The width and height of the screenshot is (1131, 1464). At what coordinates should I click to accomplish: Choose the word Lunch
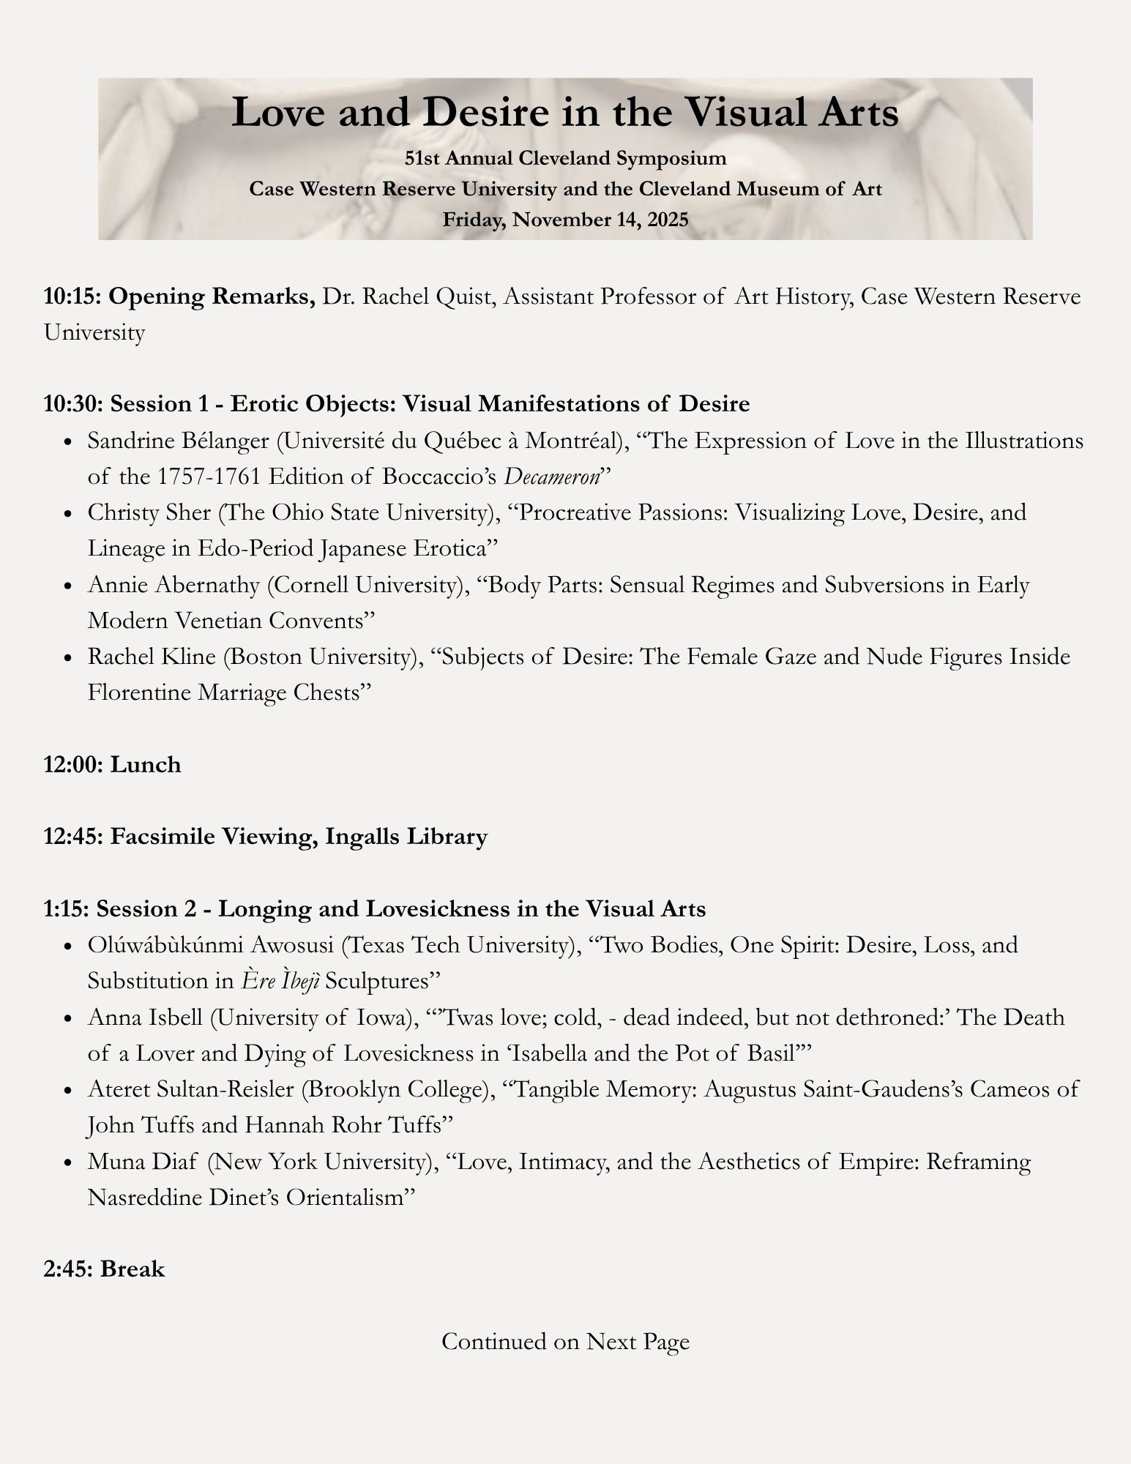click(x=146, y=764)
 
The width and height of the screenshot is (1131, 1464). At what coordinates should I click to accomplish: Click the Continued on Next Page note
click(x=565, y=1341)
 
